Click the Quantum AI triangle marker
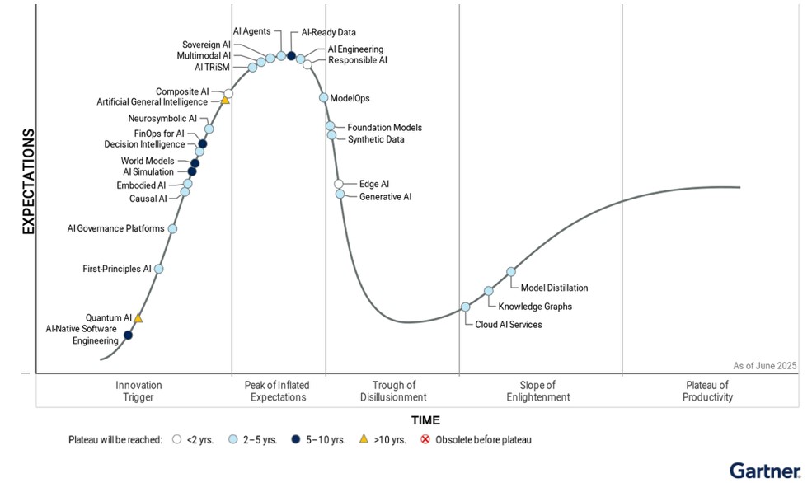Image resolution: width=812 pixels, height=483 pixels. click(x=138, y=318)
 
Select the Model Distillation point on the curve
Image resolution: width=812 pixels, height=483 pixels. click(x=511, y=271)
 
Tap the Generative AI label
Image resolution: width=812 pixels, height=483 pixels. click(x=385, y=197)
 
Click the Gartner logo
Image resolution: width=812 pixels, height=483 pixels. click(x=764, y=471)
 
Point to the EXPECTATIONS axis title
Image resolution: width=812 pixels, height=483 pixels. click(x=28, y=181)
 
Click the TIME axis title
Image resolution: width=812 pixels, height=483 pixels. click(x=425, y=420)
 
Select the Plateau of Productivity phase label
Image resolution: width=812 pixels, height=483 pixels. click(x=707, y=391)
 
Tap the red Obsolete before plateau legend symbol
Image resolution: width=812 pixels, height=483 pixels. click(x=425, y=439)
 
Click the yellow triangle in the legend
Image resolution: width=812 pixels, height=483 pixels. click(x=364, y=439)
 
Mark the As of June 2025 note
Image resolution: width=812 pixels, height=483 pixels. click(x=764, y=365)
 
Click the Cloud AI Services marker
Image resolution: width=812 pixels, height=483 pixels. click(x=466, y=307)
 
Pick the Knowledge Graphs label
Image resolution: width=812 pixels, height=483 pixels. click(x=535, y=307)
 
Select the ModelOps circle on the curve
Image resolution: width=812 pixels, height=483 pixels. click(x=324, y=97)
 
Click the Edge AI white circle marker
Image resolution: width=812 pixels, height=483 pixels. click(x=339, y=184)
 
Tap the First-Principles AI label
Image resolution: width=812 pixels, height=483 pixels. click(x=117, y=269)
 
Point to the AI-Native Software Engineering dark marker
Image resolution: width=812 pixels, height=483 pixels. click(x=128, y=335)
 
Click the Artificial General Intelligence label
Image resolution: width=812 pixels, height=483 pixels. click(x=153, y=102)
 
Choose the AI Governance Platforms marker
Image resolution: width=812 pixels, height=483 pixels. click(x=172, y=229)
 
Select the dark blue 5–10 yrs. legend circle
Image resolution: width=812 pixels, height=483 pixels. click(x=294, y=439)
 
